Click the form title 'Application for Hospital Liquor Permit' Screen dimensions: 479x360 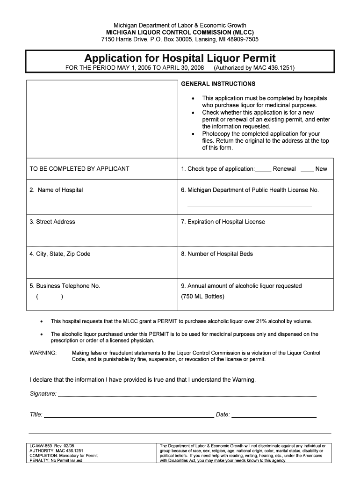click(180, 58)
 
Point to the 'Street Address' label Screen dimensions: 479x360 click(52, 222)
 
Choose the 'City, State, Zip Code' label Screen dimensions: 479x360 click(60, 254)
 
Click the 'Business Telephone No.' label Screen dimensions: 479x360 click(65, 286)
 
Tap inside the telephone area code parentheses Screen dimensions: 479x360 click(49, 297)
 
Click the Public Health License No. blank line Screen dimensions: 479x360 click(249, 206)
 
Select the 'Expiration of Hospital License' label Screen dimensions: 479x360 click(223, 222)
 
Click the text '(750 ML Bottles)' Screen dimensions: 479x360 click(202, 297)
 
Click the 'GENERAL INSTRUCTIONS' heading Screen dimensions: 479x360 click(218, 84)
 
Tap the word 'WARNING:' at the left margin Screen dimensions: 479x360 click(43, 353)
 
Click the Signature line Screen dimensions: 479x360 click(187, 395)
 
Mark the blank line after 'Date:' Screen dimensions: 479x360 click(274, 416)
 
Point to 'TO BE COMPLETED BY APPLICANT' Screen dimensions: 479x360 click(79, 169)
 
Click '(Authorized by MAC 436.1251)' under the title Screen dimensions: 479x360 click(254, 68)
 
